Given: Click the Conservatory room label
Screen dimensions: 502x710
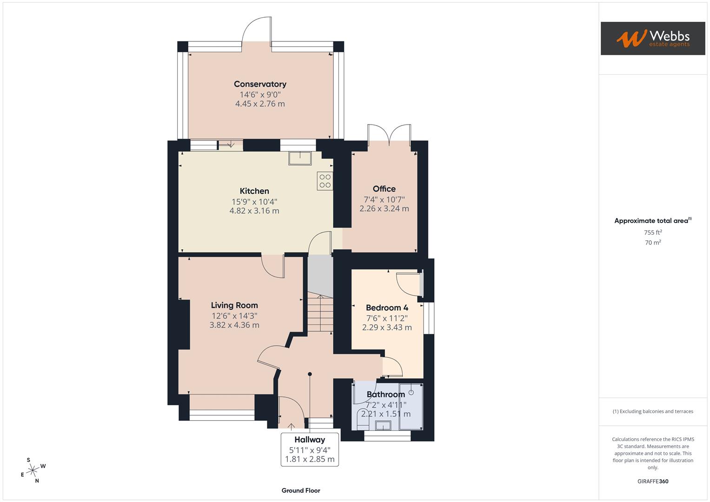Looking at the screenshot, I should tap(260, 84).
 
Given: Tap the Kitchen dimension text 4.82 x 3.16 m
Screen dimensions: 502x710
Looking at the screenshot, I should tap(254, 211).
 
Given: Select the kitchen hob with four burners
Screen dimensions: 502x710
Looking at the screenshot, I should tap(325, 181).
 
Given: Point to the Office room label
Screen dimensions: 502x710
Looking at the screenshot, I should tap(384, 189).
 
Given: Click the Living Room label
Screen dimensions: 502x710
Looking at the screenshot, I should tap(234, 305).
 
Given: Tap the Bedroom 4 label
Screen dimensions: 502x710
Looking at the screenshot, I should tap(387, 308).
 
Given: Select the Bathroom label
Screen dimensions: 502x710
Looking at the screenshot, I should tap(385, 395).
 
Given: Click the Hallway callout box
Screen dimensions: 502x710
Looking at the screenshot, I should tap(310, 449).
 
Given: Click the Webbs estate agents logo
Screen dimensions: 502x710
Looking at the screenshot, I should tap(653, 39).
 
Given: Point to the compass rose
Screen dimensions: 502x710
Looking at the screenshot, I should tap(33, 470).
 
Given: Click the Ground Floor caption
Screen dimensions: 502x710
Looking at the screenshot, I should tap(301, 490).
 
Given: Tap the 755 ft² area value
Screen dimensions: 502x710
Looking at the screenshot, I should tap(653, 232).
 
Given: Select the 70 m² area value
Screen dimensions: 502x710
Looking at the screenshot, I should tap(653, 243).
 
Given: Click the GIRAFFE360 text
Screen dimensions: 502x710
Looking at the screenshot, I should tap(653, 482).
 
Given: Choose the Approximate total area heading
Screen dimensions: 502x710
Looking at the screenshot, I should tap(653, 221).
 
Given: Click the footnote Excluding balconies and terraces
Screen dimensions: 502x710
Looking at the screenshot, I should tap(653, 411).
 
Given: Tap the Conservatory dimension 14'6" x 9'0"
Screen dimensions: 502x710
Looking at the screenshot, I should tap(260, 94).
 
